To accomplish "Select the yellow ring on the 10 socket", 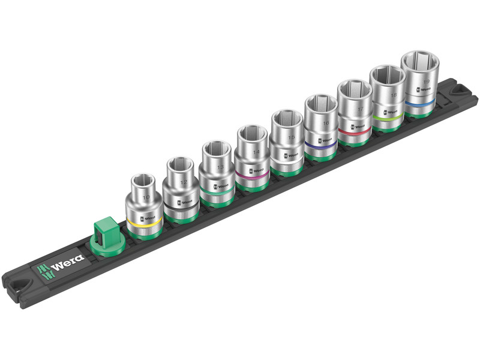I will tap(144, 223).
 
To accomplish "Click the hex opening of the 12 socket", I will tap(179, 163).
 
